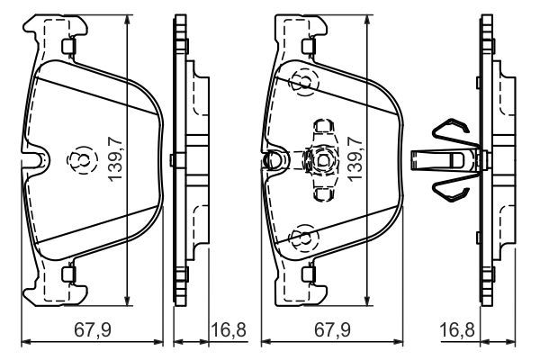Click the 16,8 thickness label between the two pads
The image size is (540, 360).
[x=228, y=330]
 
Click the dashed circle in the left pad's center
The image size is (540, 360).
[x=80, y=160]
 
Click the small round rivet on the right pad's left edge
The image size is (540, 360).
[x=267, y=161]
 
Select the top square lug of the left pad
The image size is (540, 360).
[x=68, y=46]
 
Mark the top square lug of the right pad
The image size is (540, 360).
[x=310, y=46]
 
